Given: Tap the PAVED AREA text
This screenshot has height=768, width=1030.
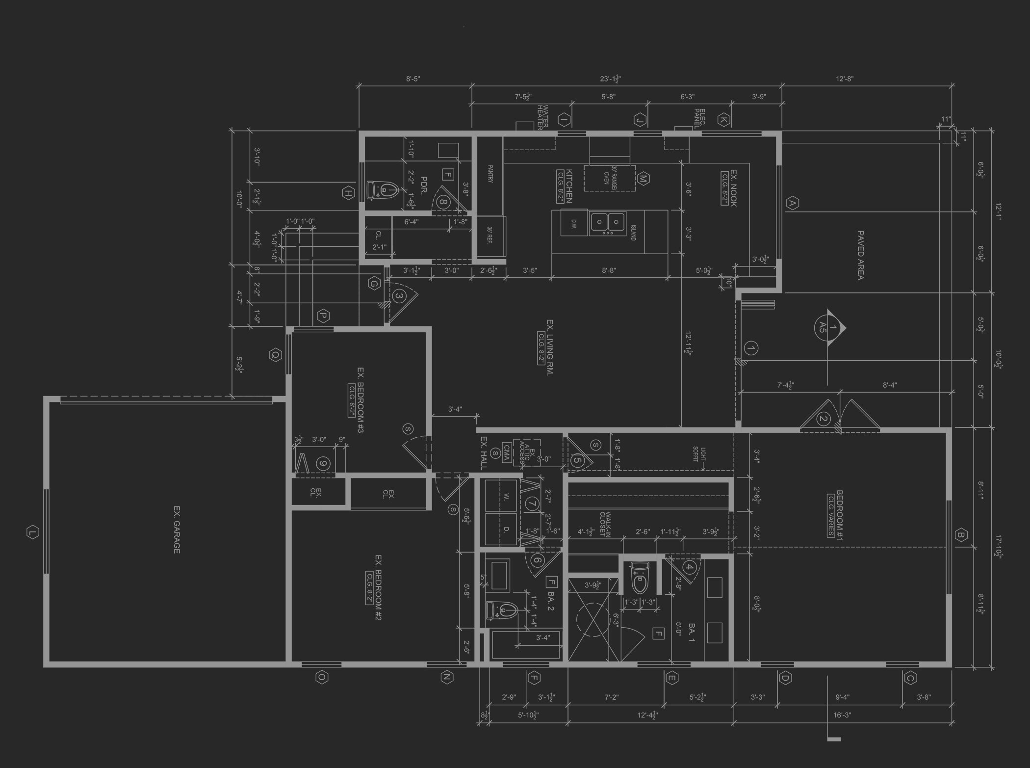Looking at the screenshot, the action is pyautogui.click(x=860, y=255).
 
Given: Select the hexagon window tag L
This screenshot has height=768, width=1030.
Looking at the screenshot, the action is pyautogui.click(x=32, y=532).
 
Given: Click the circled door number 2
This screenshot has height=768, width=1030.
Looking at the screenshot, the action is pyautogui.click(x=823, y=419).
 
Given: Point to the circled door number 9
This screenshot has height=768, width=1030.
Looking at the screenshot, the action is pyautogui.click(x=323, y=463).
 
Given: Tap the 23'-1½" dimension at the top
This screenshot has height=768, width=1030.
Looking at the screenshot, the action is pyautogui.click(x=610, y=79).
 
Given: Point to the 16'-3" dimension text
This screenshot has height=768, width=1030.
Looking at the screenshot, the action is pyautogui.click(x=842, y=715).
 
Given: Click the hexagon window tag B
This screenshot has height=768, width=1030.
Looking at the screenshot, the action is pyautogui.click(x=960, y=535).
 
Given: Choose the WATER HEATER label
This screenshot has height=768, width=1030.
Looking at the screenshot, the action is pyautogui.click(x=542, y=117).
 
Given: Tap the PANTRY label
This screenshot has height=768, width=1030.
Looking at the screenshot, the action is pyautogui.click(x=489, y=174).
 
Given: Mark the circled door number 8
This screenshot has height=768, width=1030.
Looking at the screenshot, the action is pyautogui.click(x=444, y=202).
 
